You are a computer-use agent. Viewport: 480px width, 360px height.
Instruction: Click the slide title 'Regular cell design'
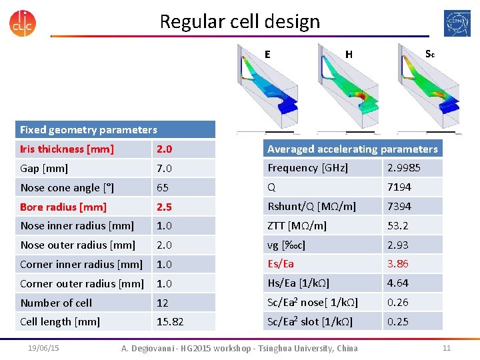pos(239,22)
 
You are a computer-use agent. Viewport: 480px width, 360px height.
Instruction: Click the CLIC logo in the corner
pos(23,22)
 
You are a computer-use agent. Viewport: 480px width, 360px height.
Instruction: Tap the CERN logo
pos(457,23)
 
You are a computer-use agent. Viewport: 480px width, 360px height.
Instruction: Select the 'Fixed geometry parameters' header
pos(89,130)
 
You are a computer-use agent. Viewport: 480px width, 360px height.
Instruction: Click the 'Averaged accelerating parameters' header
pos(353,149)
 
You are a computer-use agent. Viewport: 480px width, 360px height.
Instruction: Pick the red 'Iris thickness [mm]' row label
pos(67,149)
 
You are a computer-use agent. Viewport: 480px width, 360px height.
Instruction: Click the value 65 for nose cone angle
pos(163,187)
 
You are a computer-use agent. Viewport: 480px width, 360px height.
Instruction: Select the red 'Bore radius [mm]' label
pos(63,207)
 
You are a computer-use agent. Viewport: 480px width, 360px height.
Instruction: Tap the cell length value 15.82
pos(170,321)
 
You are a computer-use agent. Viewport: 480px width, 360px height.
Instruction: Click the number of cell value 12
pos(163,303)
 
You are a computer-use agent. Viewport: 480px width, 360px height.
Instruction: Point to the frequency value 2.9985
pos(404,168)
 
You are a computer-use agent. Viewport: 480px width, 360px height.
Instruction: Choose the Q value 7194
pos(399,187)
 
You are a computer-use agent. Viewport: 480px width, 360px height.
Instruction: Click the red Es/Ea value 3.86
pos(398,264)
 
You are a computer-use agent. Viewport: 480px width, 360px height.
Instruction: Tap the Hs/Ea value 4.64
pos(398,283)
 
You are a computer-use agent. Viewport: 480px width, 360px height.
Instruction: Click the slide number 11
pos(447,348)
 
